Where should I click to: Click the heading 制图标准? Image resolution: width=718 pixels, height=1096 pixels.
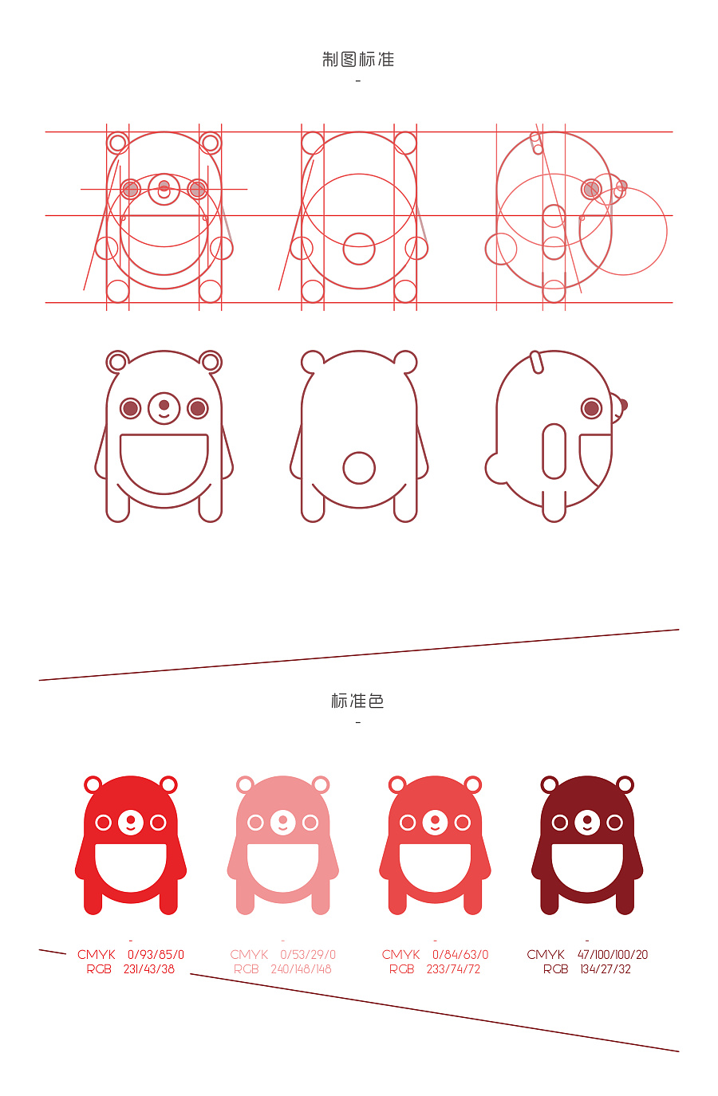tap(358, 59)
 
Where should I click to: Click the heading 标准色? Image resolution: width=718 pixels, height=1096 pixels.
tap(357, 701)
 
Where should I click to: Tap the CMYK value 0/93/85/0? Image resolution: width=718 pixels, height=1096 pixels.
tap(156, 954)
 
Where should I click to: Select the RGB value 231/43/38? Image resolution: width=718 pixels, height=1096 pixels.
tap(149, 968)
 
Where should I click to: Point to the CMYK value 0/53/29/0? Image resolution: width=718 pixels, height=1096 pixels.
tap(308, 954)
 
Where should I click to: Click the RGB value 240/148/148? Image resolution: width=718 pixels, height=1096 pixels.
tap(302, 968)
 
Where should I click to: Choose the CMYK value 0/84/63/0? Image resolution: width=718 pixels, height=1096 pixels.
tap(460, 954)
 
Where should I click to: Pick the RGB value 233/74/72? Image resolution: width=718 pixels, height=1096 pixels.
tap(453, 968)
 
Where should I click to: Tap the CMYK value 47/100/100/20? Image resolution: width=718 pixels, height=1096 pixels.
tap(613, 954)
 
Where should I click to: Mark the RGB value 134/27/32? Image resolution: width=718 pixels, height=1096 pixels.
tap(606, 968)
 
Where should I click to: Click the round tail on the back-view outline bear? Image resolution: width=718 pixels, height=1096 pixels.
tap(359, 468)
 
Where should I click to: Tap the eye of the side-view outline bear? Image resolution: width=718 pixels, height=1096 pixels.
tap(592, 408)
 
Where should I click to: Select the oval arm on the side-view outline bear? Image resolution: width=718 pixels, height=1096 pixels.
tap(554, 451)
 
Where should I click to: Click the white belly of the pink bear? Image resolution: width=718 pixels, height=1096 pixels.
tap(283, 866)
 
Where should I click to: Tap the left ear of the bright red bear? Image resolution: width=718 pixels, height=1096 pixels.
tap(93, 785)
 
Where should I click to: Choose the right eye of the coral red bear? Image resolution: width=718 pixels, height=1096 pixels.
tap(463, 823)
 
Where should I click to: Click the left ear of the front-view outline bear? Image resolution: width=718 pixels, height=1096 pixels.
tap(117, 362)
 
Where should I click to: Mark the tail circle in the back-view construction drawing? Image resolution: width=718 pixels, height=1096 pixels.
tap(359, 249)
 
